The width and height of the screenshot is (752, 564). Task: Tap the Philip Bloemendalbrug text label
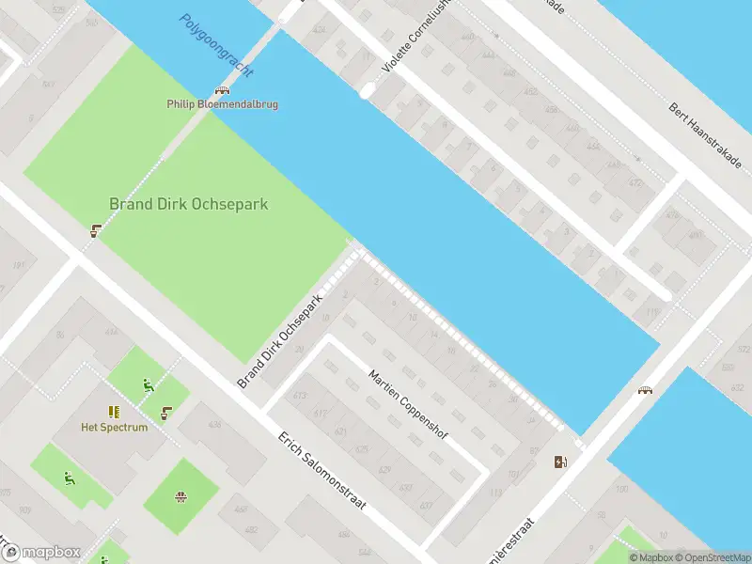click(x=222, y=104)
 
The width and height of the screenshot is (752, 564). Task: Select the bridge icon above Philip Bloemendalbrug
click(x=222, y=91)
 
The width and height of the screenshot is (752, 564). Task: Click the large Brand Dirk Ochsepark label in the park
click(x=189, y=203)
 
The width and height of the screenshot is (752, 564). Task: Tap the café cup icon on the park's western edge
click(x=96, y=229)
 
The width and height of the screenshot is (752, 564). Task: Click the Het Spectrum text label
click(x=115, y=427)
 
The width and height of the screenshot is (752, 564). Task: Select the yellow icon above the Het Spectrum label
click(x=114, y=412)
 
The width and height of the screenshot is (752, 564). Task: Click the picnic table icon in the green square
click(x=180, y=495)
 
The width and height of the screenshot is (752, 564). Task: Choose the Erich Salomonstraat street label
click(x=321, y=478)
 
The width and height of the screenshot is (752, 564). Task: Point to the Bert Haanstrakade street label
click(x=705, y=137)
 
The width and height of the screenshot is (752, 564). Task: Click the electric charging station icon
click(x=560, y=461)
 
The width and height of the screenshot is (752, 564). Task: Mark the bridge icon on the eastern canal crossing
click(x=646, y=390)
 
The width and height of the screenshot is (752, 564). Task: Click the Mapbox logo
click(x=42, y=552)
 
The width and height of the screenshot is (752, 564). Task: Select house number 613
click(x=301, y=396)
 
